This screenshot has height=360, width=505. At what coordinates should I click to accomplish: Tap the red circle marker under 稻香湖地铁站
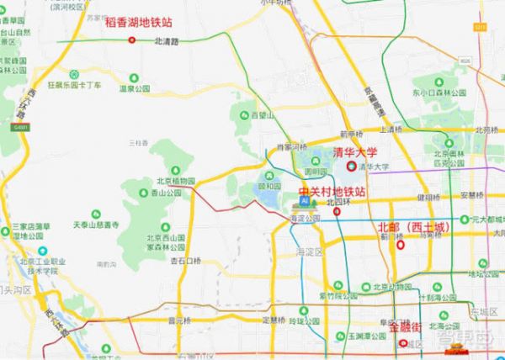point(131,39)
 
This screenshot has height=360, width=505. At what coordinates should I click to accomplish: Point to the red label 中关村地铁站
point(332,192)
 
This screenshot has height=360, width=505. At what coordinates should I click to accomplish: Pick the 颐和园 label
point(268,187)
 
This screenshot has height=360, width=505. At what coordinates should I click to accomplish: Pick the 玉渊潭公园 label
point(348,335)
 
